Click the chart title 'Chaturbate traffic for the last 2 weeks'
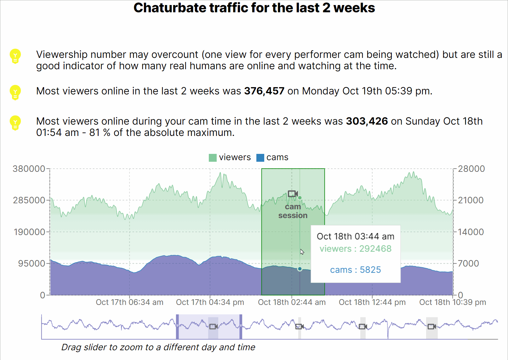pos(254,8)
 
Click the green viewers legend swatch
pos(213,158)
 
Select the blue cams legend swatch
pos(260,158)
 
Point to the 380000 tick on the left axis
pos(29,169)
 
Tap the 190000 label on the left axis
pos(29,232)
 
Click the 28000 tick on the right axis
pos(471,169)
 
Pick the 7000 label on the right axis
pos(468,264)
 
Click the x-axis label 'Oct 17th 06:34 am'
pos(129,302)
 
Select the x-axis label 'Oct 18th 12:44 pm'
pos(372,302)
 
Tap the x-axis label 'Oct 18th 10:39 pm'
pos(452,302)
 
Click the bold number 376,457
pos(264,91)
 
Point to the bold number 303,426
pos(367,121)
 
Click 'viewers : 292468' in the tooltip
pos(355,249)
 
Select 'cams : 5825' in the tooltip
pos(355,270)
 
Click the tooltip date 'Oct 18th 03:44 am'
pos(355,237)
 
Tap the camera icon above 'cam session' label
pos(293,194)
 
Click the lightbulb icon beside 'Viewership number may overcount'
pos(15,56)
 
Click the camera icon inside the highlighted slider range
pos(214,327)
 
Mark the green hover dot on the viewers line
pos(300,198)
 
